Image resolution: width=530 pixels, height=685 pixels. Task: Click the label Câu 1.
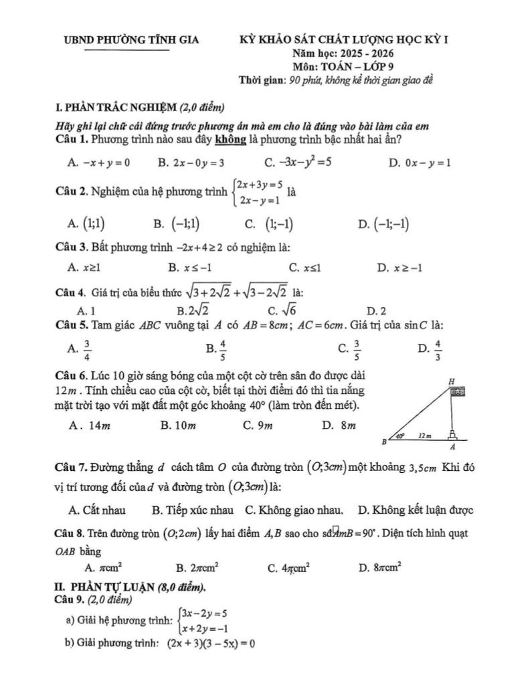(x=72, y=139)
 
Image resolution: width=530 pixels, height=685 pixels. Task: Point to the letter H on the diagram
(x=451, y=380)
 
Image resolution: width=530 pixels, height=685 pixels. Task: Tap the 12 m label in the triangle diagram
(x=424, y=435)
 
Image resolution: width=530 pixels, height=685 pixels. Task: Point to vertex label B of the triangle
(x=384, y=442)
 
